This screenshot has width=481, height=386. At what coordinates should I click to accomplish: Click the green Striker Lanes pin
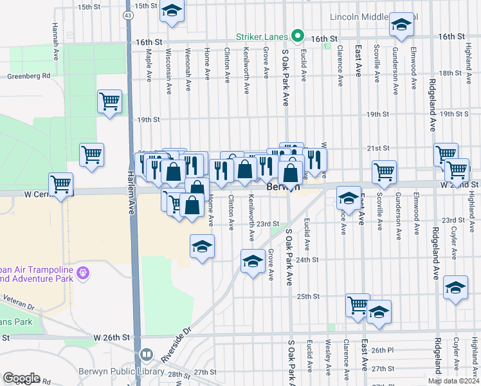[x=298, y=36]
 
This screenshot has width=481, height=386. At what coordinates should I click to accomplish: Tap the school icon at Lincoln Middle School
[x=401, y=26]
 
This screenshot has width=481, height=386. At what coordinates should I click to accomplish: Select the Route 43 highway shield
[x=129, y=14]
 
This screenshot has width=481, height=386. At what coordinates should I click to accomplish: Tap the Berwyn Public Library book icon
[x=147, y=355]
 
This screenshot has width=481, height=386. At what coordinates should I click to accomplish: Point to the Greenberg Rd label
[x=28, y=76]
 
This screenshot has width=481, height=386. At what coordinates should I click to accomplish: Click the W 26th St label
[x=111, y=337]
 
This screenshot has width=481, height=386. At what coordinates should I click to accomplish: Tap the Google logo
[x=21, y=378]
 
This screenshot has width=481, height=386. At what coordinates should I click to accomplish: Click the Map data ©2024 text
[x=453, y=381]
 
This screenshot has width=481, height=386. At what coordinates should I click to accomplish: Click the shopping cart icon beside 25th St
[x=358, y=305]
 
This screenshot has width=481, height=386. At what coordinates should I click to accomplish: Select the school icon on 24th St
[x=253, y=261]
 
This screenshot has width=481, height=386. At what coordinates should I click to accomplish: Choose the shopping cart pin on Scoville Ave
[x=384, y=171]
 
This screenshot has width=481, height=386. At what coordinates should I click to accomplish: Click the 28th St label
[x=176, y=374]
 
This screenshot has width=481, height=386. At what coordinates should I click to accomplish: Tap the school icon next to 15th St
[x=172, y=11]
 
